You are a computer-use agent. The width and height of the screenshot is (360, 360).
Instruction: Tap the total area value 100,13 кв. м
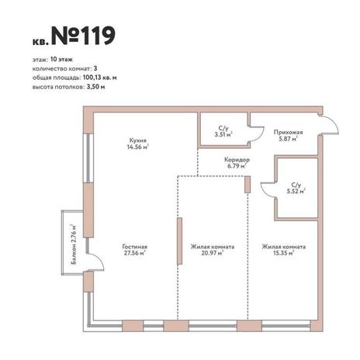tap(100, 78)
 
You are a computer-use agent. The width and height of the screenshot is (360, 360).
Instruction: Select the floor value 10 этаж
tap(61, 59)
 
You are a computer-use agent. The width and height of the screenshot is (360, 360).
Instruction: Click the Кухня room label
tap(138, 140)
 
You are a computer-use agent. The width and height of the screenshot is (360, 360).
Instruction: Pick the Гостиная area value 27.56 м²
tap(135, 253)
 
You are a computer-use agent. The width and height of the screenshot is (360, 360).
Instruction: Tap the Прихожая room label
tap(288, 133)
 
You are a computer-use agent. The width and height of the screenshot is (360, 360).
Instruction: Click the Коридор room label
tap(237, 160)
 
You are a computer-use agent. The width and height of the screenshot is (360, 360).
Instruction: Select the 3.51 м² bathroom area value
tap(223, 134)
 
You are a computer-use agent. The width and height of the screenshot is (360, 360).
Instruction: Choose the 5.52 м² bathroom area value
tap(296, 192)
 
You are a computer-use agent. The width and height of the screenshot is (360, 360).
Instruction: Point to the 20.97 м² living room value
tap(213, 253)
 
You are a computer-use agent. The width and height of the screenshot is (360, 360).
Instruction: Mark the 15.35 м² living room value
tap(284, 253)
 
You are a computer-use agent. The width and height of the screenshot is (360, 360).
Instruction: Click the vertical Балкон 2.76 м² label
tap(74, 244)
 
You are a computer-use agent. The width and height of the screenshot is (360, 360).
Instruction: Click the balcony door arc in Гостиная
tap(99, 259)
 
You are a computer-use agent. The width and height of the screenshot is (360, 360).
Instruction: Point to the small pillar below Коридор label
tap(247, 185)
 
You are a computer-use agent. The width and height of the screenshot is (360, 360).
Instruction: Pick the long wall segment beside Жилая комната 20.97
tap(179, 241)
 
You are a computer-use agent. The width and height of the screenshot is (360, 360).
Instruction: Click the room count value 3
tap(95, 68)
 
